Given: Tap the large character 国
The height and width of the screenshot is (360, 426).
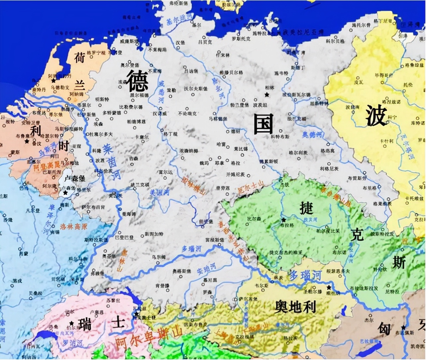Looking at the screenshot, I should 263,124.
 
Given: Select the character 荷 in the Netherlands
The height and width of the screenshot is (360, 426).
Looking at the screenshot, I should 80,58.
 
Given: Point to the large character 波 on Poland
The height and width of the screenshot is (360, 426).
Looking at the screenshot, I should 376,116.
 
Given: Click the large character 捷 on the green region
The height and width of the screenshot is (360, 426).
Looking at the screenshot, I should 306,209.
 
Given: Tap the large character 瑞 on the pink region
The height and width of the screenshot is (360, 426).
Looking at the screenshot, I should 85,324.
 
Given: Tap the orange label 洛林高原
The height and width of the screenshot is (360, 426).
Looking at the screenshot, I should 74,226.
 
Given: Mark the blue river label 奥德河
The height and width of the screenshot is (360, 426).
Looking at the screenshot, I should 312,135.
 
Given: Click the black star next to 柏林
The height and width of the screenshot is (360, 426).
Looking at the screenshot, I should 267,95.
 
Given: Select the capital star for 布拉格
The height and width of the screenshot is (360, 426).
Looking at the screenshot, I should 283,220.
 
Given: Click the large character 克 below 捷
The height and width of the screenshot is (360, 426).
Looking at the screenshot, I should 357,234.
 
